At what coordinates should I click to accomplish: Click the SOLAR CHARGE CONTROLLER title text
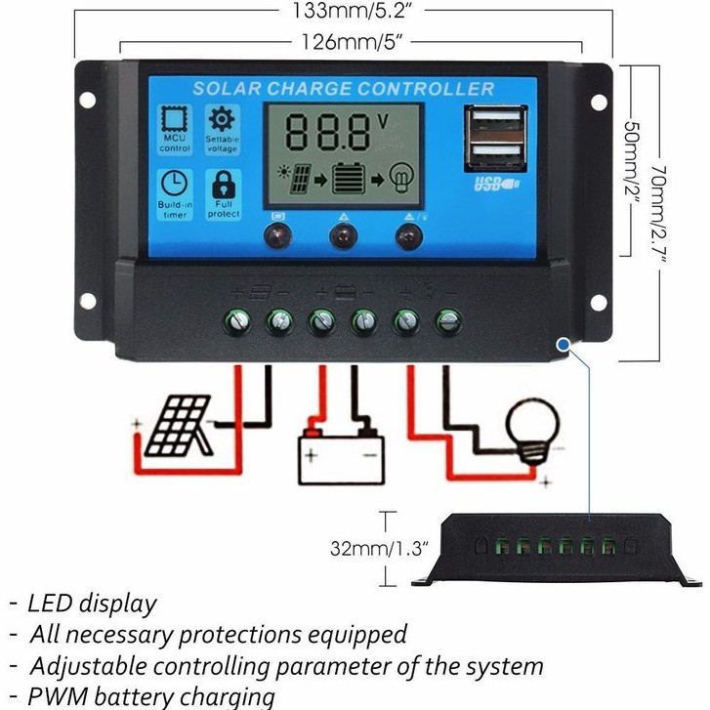(x=343, y=89)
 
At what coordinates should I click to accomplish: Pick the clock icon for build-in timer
(x=175, y=183)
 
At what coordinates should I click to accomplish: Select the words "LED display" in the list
(x=93, y=603)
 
